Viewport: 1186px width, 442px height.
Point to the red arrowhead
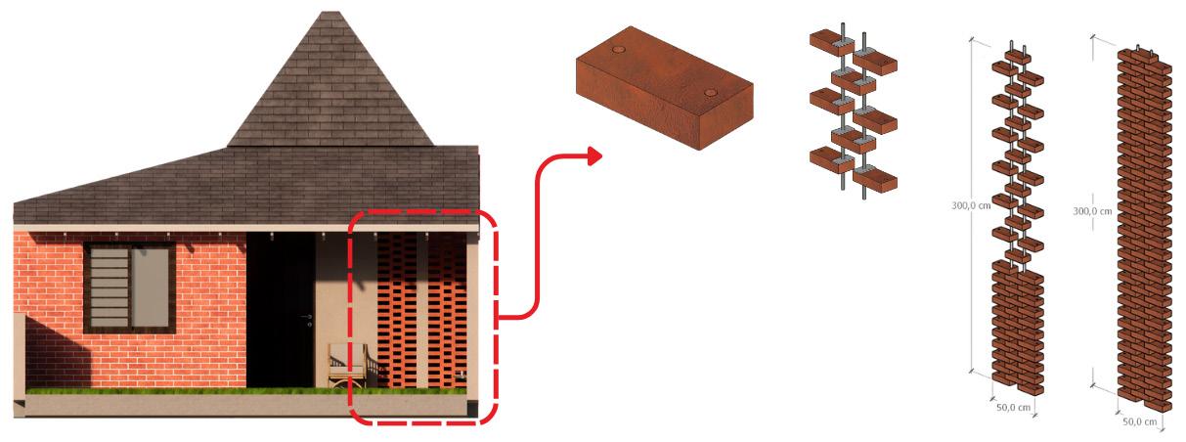[593, 155]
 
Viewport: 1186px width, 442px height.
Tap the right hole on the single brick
[712, 94]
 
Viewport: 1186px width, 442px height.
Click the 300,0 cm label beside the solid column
[1092, 210]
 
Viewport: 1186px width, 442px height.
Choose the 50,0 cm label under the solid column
[1139, 421]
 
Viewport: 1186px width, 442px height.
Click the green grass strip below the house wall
[186, 391]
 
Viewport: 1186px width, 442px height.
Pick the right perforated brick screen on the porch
[449, 313]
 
